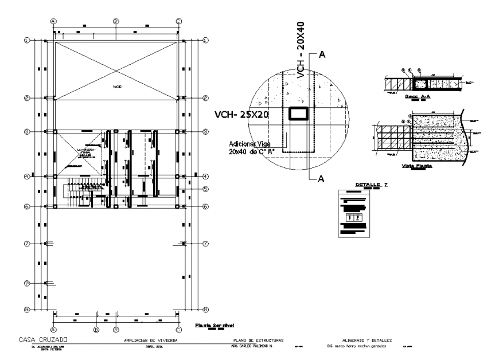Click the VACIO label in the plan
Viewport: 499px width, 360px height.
point(117,86)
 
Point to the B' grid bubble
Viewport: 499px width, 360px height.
point(115,330)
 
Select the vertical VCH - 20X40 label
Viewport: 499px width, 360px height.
point(301,48)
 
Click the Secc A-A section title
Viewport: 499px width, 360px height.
point(418,97)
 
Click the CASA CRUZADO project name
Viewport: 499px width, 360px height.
point(42,339)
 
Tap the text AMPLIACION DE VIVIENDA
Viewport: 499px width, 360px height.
point(151,341)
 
